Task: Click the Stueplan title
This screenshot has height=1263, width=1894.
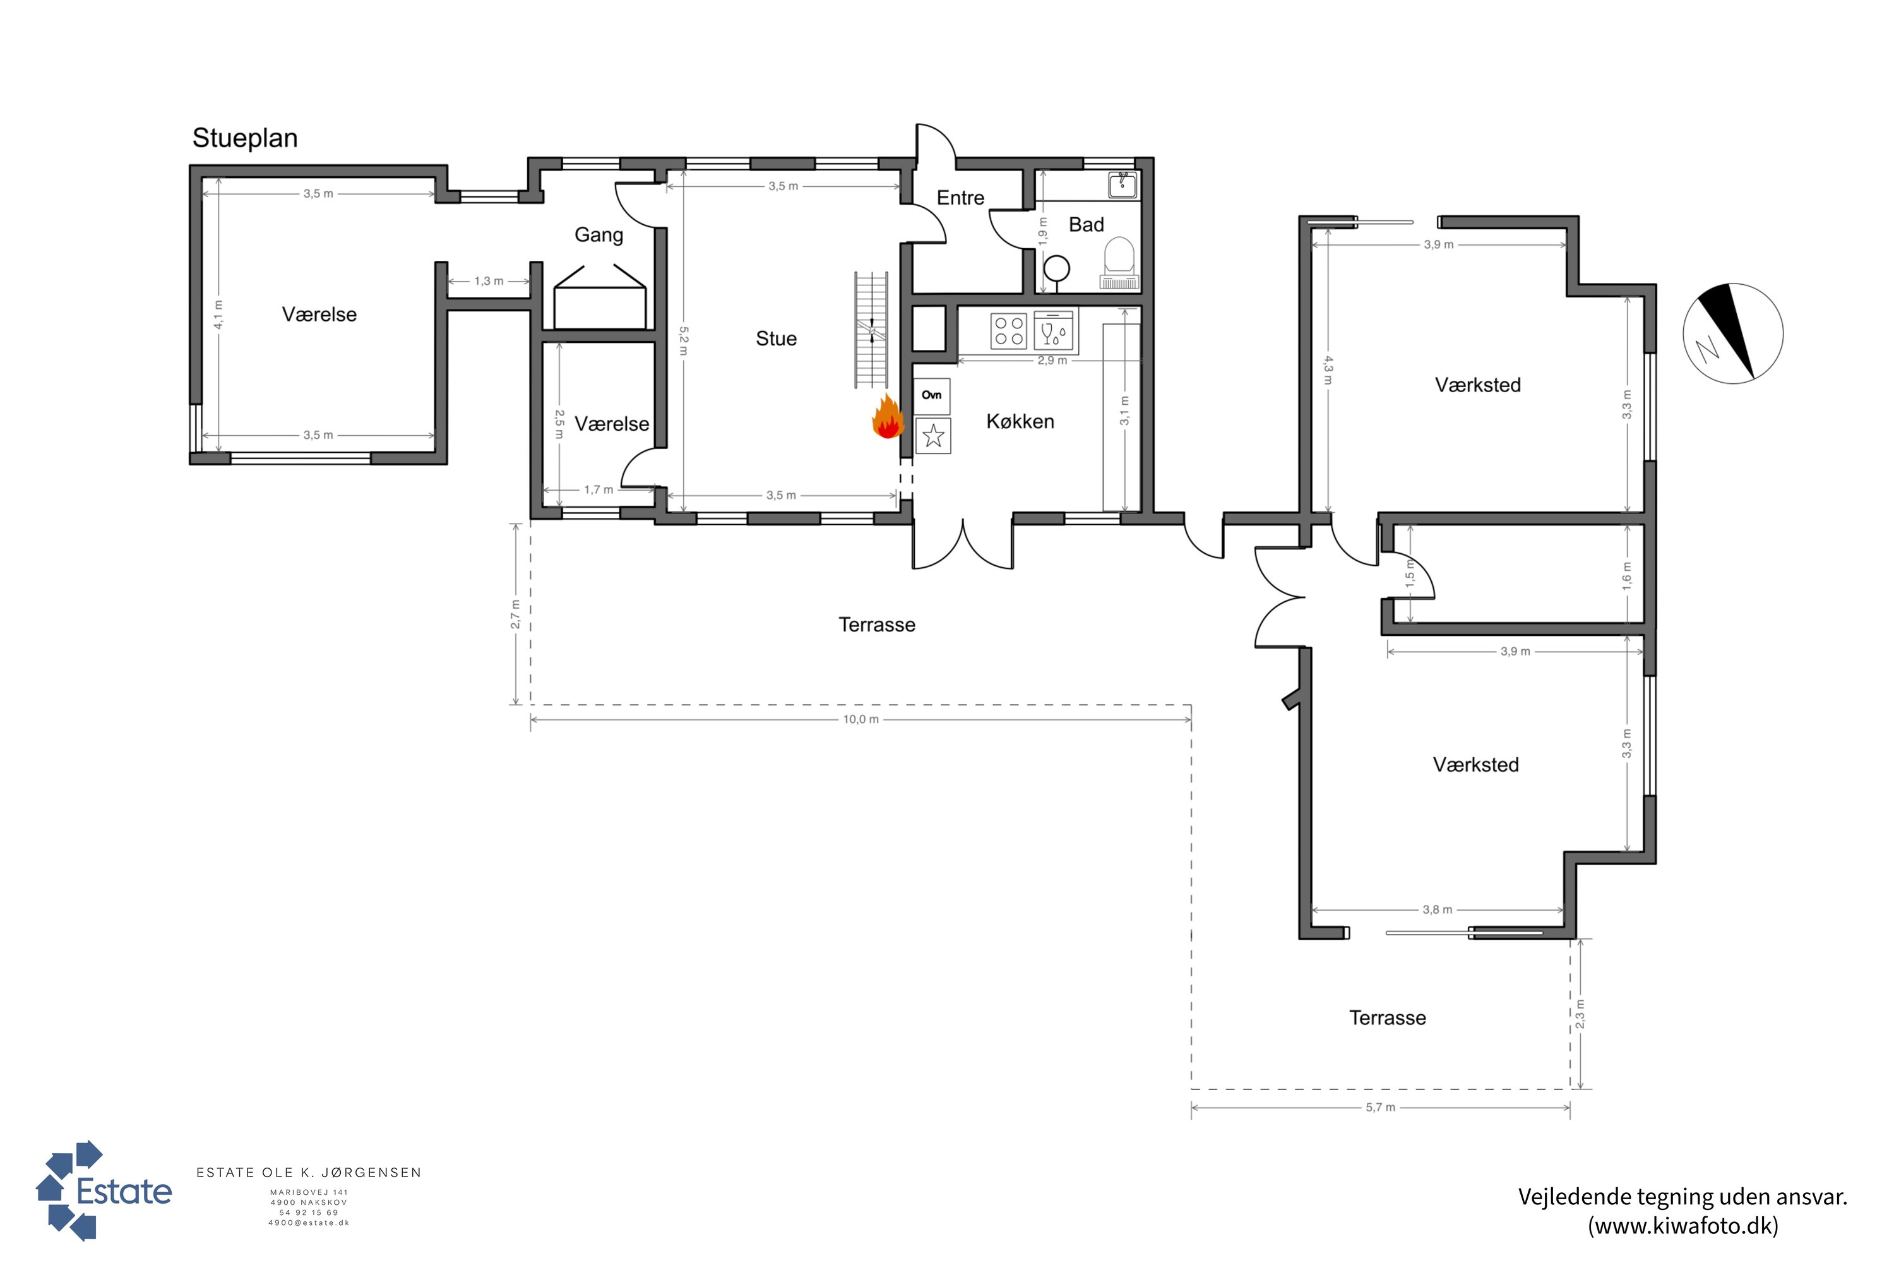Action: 245,138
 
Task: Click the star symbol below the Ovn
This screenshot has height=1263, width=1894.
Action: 933,436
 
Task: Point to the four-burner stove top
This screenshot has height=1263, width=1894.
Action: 1008,331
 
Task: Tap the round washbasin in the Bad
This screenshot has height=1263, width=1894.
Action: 1056,267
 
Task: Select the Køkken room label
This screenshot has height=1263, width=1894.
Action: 1020,421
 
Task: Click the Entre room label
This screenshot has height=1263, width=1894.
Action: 961,198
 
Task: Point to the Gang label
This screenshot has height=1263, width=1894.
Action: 599,235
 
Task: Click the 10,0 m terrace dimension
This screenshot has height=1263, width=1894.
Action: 861,719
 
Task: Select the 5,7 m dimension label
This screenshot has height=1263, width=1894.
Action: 1380,1108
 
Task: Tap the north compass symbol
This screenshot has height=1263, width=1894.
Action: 1733,333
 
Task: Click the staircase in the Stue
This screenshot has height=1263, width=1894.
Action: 871,330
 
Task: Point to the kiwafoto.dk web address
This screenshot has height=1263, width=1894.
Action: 1683,1226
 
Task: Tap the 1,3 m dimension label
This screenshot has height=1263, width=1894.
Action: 489,281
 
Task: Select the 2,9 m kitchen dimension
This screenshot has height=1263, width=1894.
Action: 1052,361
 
